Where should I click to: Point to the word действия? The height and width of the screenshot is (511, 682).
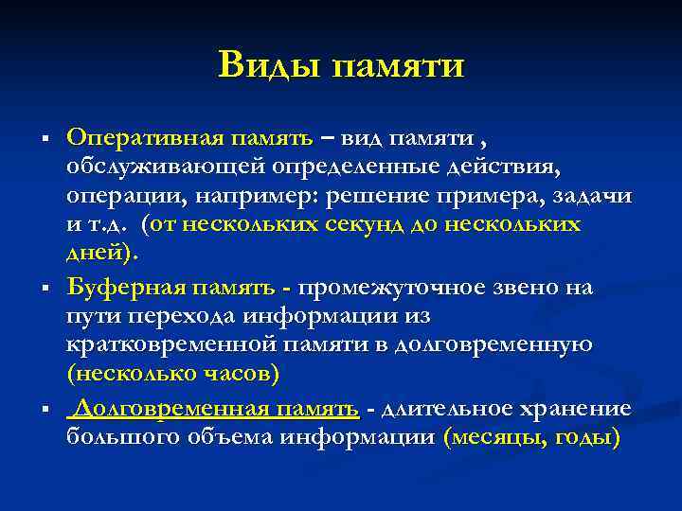(509, 167)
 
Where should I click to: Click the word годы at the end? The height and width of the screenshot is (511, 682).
(587, 437)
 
